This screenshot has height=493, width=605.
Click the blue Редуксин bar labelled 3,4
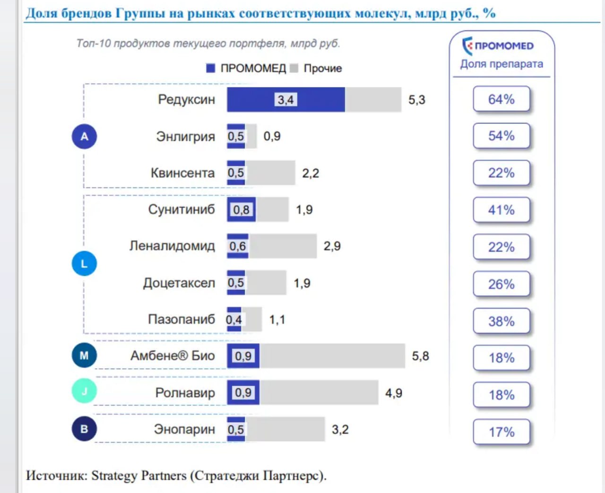pyautogui.click(x=285, y=100)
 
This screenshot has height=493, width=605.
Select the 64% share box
pyautogui.click(x=501, y=99)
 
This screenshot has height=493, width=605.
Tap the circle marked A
pyautogui.click(x=84, y=137)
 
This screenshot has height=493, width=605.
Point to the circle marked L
pyautogui.click(x=84, y=264)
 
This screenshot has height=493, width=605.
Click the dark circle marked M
pyautogui.click(x=84, y=355)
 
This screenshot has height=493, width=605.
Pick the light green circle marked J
pyautogui.click(x=84, y=391)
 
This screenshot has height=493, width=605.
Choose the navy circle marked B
pyautogui.click(x=84, y=429)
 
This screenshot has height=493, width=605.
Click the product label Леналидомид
pyautogui.click(x=172, y=246)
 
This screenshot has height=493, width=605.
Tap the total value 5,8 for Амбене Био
pyautogui.click(x=420, y=356)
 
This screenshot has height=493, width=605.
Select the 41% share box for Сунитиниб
pyautogui.click(x=501, y=210)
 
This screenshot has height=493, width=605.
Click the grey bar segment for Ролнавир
pyautogui.click(x=319, y=392)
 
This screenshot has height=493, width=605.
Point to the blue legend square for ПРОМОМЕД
pyautogui.click(x=211, y=69)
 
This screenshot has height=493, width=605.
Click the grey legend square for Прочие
pyautogui.click(x=294, y=69)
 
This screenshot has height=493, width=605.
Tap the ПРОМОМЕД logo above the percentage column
pyautogui.click(x=498, y=46)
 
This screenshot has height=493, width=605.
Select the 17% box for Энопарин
pyautogui.click(x=501, y=432)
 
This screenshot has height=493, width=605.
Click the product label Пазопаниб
pyautogui.click(x=181, y=320)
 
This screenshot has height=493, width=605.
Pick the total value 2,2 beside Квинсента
pyautogui.click(x=311, y=173)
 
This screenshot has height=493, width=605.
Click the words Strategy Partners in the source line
pyautogui.click(x=139, y=476)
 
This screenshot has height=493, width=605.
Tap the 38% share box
pyautogui.click(x=501, y=321)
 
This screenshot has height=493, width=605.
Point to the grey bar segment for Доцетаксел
pyautogui.click(x=266, y=283)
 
